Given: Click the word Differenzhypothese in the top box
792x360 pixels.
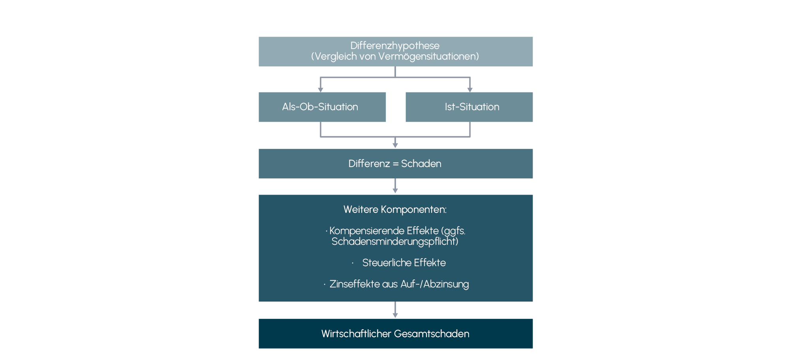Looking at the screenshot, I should pyautogui.click(x=395, y=46).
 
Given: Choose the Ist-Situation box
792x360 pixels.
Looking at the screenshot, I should pyautogui.click(x=469, y=107).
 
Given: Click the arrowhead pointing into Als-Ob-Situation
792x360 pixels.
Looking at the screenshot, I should pyautogui.click(x=321, y=90).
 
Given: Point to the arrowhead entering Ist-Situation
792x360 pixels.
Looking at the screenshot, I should pyautogui.click(x=470, y=90).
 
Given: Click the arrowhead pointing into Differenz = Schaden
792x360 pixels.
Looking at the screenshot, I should pyautogui.click(x=395, y=145).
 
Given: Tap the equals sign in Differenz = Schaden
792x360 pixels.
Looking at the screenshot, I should pyautogui.click(x=396, y=164).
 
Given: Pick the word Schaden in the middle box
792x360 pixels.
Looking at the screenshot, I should pyautogui.click(x=421, y=164).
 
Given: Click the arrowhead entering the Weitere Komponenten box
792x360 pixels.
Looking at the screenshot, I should pyautogui.click(x=395, y=191).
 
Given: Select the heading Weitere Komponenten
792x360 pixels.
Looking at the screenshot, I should pyautogui.click(x=395, y=210).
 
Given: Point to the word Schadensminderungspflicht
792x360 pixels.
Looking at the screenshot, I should pyautogui.click(x=394, y=242).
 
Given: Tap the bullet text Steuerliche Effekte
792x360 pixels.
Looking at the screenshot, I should pyautogui.click(x=404, y=263).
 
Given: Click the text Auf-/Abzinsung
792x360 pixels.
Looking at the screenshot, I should pyautogui.click(x=435, y=284).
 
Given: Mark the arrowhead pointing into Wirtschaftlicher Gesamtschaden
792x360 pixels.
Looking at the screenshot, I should pyautogui.click(x=395, y=315).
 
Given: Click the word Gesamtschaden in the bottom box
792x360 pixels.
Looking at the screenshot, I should pyautogui.click(x=432, y=334).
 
